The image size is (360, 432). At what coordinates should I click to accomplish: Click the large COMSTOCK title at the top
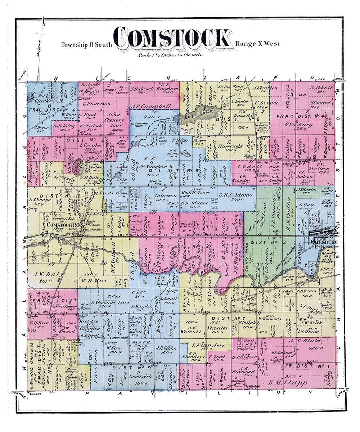(x=172, y=39)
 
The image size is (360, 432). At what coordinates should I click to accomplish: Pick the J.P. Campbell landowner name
(x=150, y=107)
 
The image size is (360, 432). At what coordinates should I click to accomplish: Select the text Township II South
(x=86, y=45)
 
